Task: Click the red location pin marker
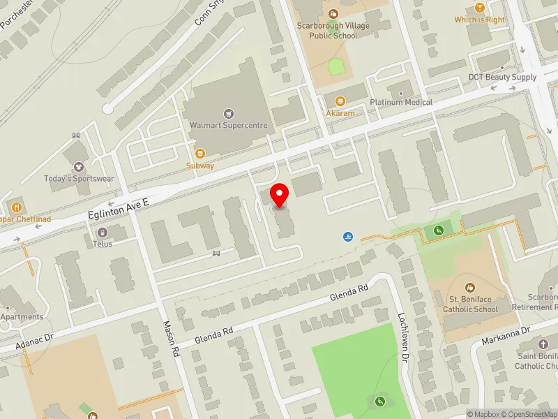[x=280, y=195]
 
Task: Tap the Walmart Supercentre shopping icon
[x=227, y=113]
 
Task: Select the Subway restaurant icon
[x=199, y=154]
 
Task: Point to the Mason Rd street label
[x=170, y=339]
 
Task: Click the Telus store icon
[x=103, y=232]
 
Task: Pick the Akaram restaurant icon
[x=340, y=101]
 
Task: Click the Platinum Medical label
[x=401, y=102]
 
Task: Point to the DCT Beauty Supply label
[x=502, y=78]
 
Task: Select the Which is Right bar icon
[x=479, y=7]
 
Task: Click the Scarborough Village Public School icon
[x=333, y=13]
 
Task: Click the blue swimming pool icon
[x=347, y=237]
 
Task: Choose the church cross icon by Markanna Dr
[x=543, y=344]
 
